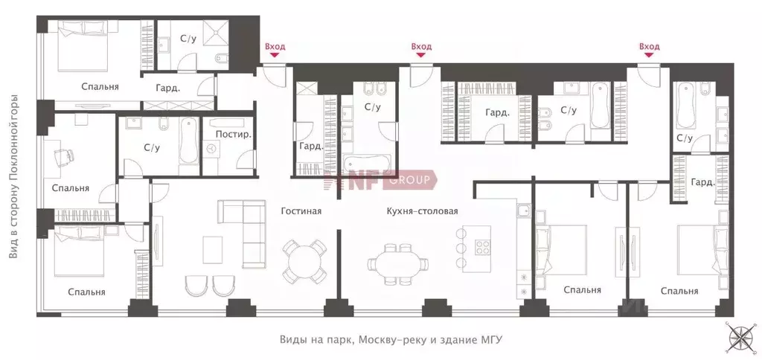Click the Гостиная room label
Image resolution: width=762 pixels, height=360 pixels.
point(301,211)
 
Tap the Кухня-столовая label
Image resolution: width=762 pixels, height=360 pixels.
point(422,211)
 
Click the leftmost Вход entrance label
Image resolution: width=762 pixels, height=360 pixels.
point(275,47)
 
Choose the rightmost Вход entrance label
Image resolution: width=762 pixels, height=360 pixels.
point(649,47)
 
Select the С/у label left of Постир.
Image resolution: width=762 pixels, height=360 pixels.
point(152,147)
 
